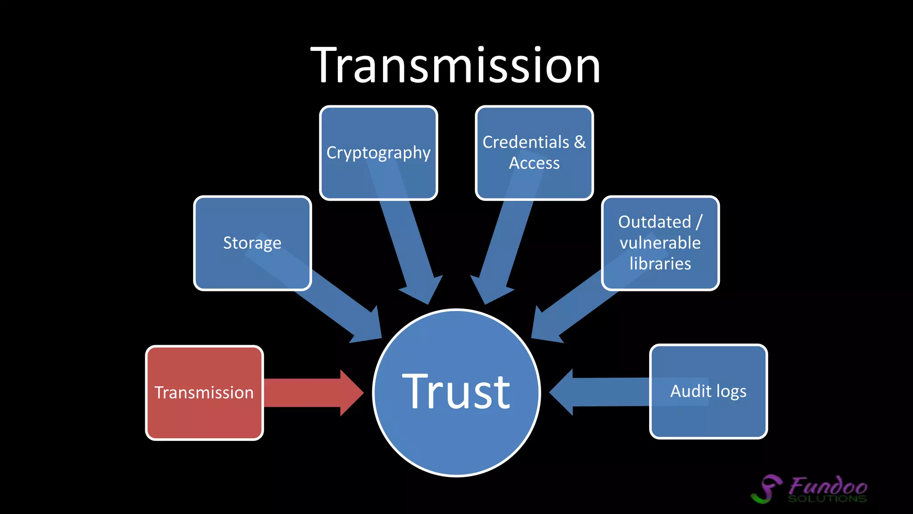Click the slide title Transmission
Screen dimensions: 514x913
456,66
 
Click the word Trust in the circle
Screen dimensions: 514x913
456,392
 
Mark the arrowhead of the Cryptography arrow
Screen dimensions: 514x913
424,290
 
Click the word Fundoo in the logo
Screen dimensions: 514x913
828,485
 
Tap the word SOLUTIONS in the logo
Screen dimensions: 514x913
827,498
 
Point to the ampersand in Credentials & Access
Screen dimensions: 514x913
580,142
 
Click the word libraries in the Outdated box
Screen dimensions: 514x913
660,264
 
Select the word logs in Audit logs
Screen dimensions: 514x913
731,391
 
